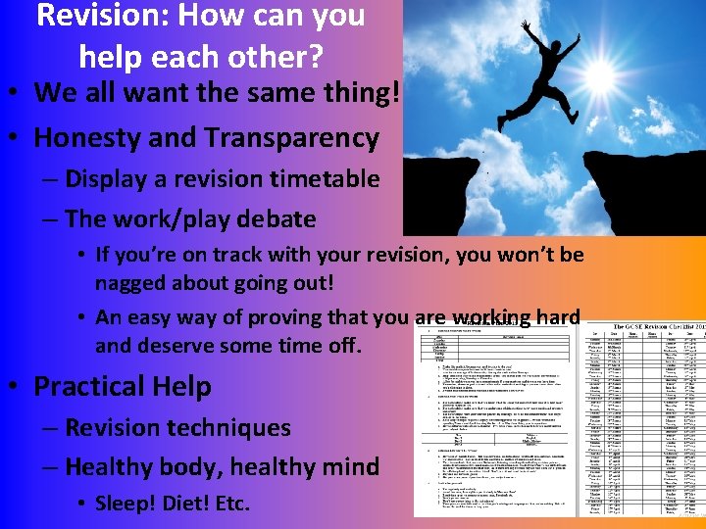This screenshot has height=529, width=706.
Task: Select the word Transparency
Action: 294,138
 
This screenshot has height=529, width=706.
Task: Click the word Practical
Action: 86,387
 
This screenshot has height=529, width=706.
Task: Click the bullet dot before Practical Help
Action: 19,387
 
